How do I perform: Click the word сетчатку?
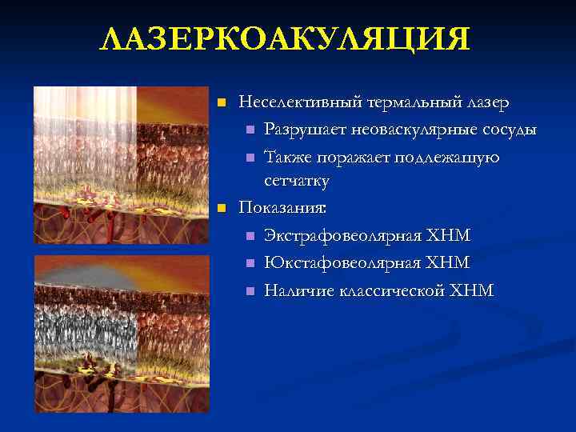297,182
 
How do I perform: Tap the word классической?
386,290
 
